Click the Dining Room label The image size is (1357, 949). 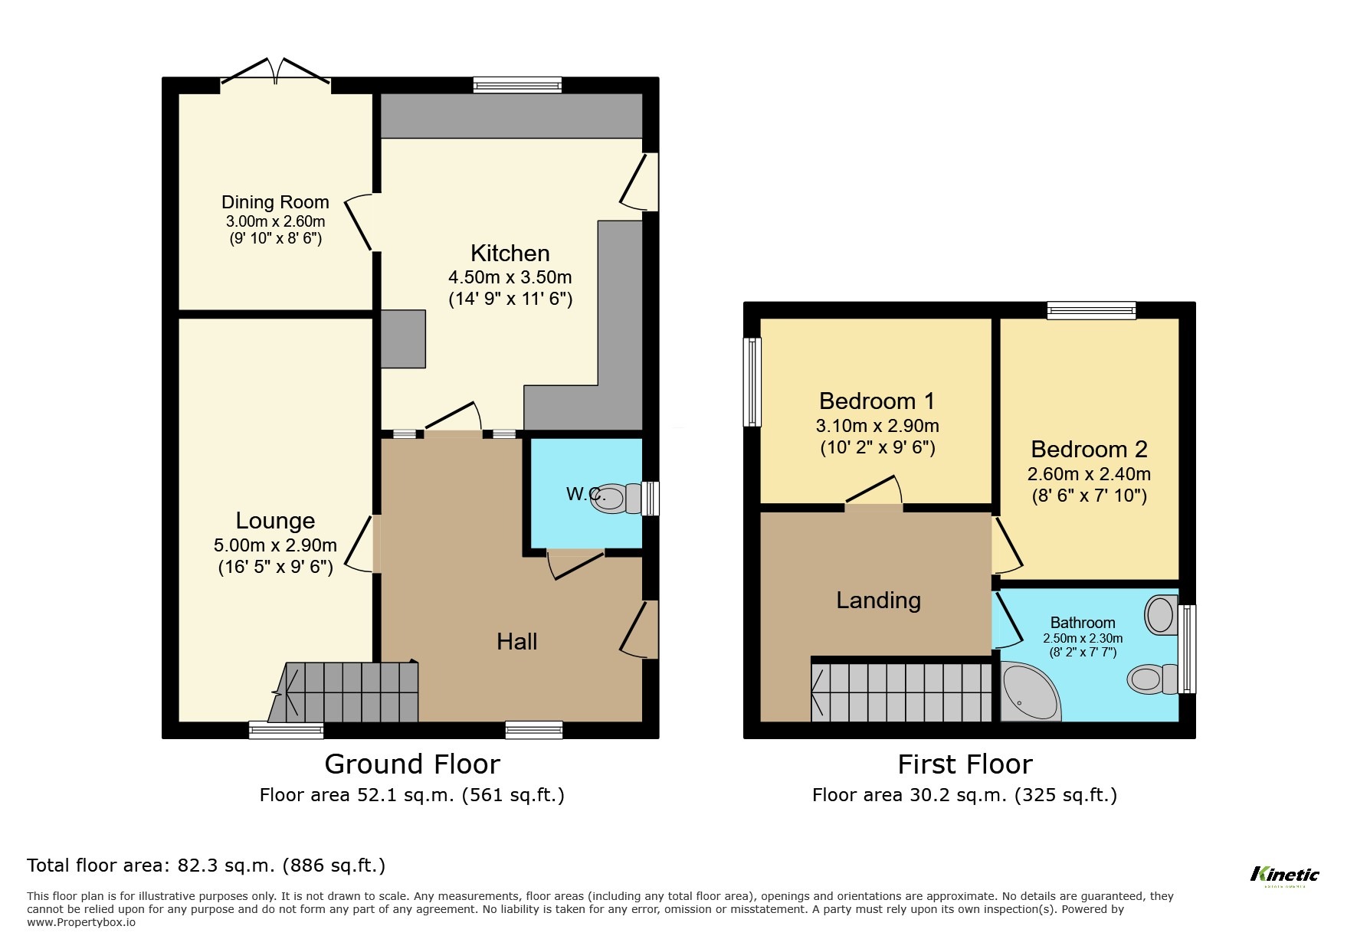point(275,202)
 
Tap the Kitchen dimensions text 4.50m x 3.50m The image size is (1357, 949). point(510,277)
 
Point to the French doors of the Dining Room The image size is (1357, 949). point(276,73)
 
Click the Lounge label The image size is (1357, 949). point(275,521)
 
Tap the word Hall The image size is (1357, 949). point(516,642)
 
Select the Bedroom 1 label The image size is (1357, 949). point(877,401)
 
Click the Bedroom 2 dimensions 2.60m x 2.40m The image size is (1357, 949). point(1088,474)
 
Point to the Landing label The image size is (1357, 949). point(878,600)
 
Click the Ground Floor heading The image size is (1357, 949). point(411,764)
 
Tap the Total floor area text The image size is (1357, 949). point(206,866)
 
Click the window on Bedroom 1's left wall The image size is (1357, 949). point(753,382)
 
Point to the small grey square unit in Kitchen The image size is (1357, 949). point(403,339)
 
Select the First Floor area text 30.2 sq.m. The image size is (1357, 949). point(964,795)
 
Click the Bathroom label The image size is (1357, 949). point(1082,623)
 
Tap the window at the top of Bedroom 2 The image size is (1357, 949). point(1091,310)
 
